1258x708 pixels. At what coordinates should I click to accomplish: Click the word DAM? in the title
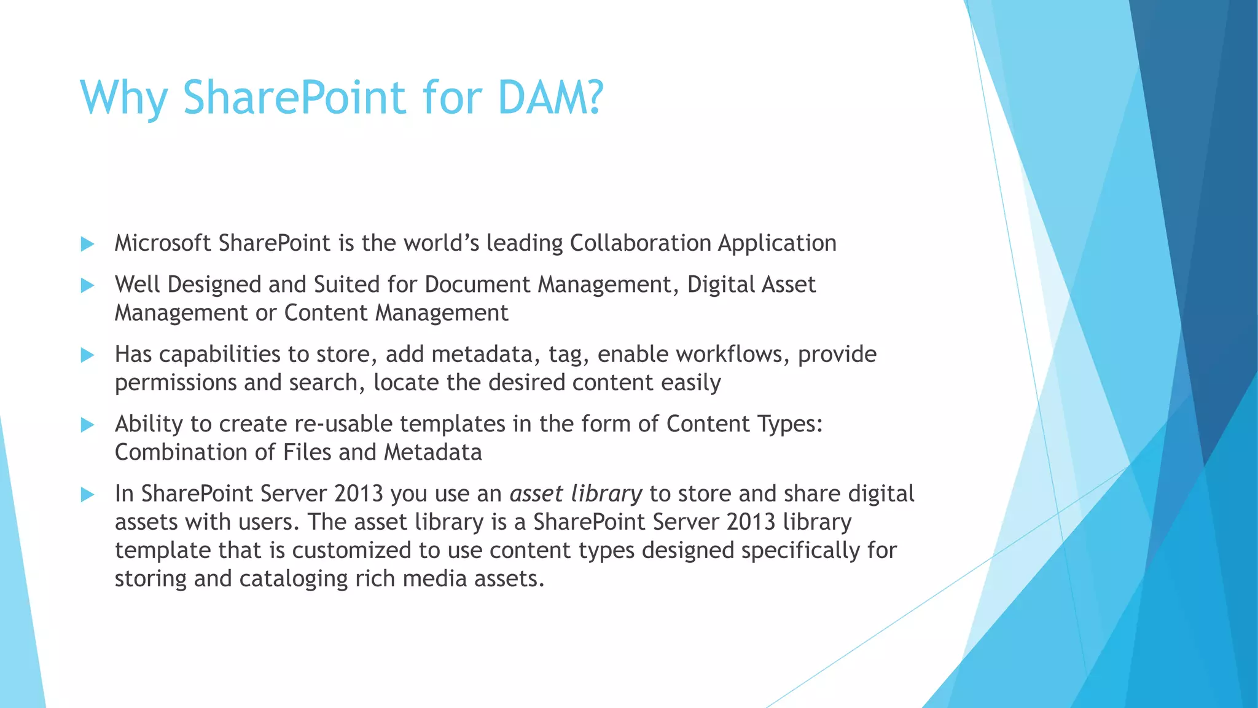[550, 97]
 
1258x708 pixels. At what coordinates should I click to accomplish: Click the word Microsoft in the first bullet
[163, 243]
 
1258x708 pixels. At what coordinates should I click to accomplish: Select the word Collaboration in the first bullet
[640, 243]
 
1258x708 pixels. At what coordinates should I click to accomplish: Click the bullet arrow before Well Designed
[87, 285]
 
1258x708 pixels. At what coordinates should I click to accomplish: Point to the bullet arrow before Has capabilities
[87, 355]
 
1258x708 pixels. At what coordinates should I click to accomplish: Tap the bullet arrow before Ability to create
[87, 425]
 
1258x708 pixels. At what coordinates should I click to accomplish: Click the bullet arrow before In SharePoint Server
[87, 495]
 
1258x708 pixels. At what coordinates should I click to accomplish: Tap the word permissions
[176, 383]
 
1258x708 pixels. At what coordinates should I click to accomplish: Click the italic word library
[606, 494]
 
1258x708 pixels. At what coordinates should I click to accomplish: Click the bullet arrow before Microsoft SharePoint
[87, 244]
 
